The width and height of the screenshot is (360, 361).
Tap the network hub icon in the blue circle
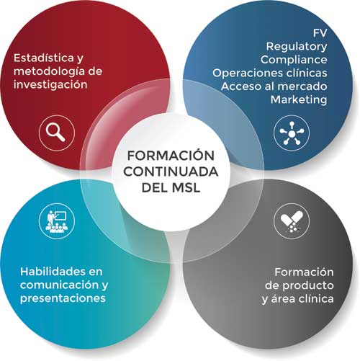click(292, 133)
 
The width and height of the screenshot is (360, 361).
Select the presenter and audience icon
click(57, 221)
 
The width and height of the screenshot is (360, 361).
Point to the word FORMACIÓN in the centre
click(171, 155)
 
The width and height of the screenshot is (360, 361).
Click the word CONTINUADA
click(171, 171)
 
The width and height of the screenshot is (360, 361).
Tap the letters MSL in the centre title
click(186, 187)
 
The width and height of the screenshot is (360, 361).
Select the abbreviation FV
click(320, 33)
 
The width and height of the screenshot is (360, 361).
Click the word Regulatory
click(297, 47)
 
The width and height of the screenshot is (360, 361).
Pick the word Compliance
click(294, 60)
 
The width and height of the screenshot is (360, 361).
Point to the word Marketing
click(299, 99)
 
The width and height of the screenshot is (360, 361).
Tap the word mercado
click(305, 86)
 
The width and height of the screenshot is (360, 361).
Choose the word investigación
click(50, 84)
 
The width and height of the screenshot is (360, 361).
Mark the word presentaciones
click(63, 298)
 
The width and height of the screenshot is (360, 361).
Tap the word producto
click(308, 286)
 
